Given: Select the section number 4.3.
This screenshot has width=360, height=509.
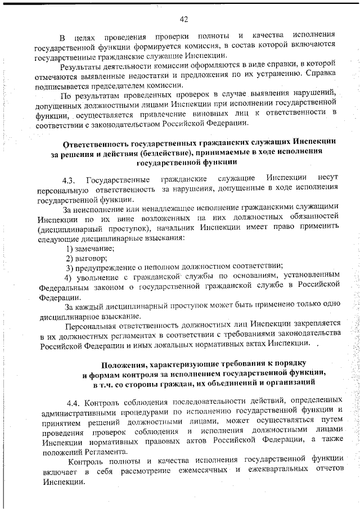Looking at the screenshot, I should [x=69, y=180].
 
